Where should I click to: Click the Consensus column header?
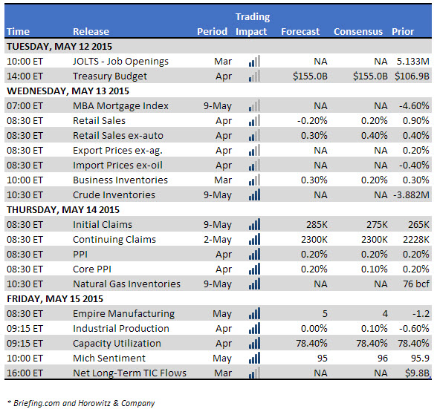pos(358,32)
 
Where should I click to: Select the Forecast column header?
pos(300,32)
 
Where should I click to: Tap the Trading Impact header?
pos(253,24)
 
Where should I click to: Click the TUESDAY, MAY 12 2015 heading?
pos(59,47)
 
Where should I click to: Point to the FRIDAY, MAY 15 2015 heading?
pos(55,299)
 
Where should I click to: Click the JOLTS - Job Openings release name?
pos(120,62)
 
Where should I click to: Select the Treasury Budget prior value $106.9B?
pos(412,76)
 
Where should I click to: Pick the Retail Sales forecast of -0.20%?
pos(312,121)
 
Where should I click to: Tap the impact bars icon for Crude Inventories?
pos(254,194)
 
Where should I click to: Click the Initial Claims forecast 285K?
pos(317,225)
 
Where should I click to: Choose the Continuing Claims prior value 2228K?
pos(416,240)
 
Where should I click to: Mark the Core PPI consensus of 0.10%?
pos(375,269)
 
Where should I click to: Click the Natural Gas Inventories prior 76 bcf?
pos(416,284)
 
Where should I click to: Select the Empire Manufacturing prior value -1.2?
pos(421,314)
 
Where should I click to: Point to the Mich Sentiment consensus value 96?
pos(383,359)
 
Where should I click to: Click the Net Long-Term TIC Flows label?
pos(129,373)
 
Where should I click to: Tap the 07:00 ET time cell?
pos(25,106)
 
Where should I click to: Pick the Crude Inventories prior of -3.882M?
pos(412,195)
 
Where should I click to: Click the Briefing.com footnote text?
pos(81,403)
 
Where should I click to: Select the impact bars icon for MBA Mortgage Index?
pos(254,105)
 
